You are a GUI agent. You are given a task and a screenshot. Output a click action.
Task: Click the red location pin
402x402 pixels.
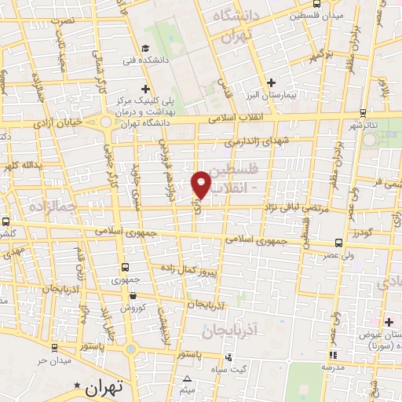202,184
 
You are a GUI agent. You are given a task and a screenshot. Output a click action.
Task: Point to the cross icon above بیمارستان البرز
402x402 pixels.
272,82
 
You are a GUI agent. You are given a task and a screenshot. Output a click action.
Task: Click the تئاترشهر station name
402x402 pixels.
366,126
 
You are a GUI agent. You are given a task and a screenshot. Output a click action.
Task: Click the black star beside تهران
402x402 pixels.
77,386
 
